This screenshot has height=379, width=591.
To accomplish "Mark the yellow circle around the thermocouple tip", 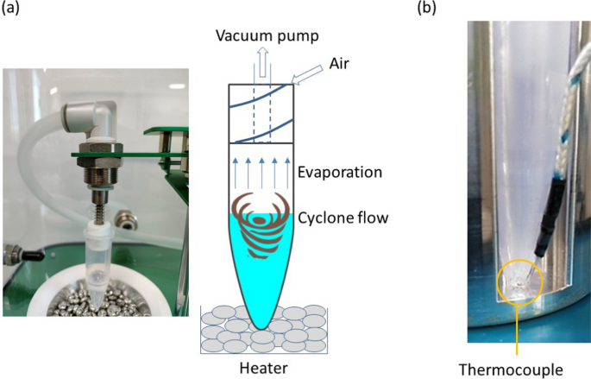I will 517,281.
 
